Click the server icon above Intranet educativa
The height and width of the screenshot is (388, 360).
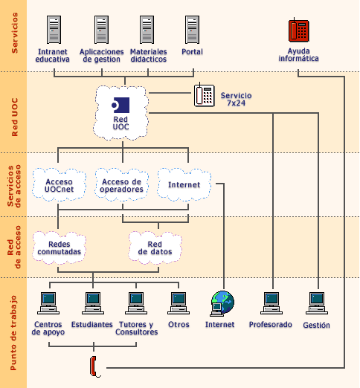click(54, 30)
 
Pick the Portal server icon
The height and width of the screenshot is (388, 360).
click(193, 30)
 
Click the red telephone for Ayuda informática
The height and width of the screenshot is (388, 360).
click(298, 30)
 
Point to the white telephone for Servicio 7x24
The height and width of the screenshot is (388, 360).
click(204, 96)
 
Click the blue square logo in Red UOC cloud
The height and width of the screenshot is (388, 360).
click(120, 104)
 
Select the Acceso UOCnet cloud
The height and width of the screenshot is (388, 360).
click(60, 185)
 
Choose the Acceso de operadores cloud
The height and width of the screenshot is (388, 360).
click(122, 185)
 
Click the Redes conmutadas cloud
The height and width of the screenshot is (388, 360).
click(59, 247)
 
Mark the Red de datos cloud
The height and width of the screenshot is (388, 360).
click(155, 247)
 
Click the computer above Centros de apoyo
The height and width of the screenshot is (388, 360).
click(48, 302)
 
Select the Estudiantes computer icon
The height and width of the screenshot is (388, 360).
click(92, 302)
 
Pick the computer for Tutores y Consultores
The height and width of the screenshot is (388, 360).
click(136, 302)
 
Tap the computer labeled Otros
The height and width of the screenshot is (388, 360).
click(179, 302)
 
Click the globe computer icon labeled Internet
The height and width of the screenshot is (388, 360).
click(222, 302)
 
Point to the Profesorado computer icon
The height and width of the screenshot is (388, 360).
click(271, 302)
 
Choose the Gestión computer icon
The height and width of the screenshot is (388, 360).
click(316, 302)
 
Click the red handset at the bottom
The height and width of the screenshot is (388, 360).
click(94, 365)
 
